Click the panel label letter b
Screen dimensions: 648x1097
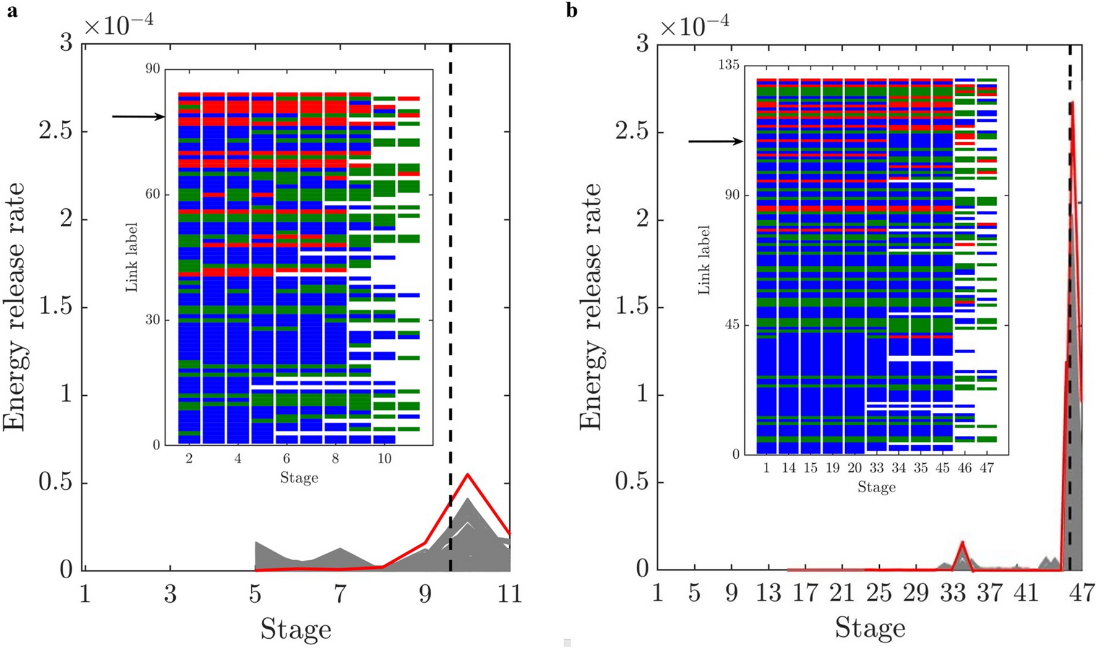pyautogui.click(x=572, y=12)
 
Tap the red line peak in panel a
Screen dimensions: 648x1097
pyautogui.click(x=468, y=474)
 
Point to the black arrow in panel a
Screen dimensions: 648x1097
pyautogui.click(x=138, y=116)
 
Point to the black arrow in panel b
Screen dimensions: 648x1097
pyautogui.click(x=715, y=142)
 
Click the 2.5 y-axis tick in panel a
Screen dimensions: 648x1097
pyautogui.click(x=54, y=132)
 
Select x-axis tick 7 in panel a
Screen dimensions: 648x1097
pyautogui.click(x=340, y=595)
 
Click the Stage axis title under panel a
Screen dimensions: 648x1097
pyautogui.click(x=296, y=629)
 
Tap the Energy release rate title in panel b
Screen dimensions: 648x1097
pyautogui.click(x=591, y=306)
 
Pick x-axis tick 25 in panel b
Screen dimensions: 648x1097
pyautogui.click(x=879, y=595)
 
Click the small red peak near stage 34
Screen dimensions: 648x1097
pyautogui.click(x=962, y=542)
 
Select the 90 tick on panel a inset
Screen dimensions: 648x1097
pyautogui.click(x=152, y=69)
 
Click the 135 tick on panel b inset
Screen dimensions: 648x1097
pyautogui.click(x=728, y=66)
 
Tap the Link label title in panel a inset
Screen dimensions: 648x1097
pyautogui.click(x=131, y=257)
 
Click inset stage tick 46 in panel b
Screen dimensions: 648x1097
pyautogui.click(x=965, y=468)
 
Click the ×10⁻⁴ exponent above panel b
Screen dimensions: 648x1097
pyautogui.click(x=694, y=26)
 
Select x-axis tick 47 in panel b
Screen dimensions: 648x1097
pyautogui.click(x=1081, y=595)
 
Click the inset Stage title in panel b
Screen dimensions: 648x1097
pyautogui.click(x=876, y=488)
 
